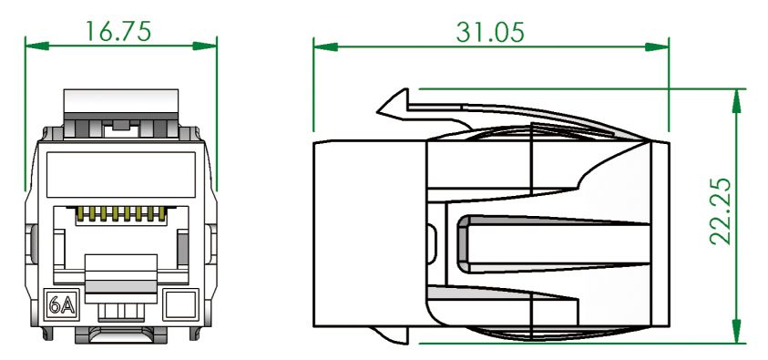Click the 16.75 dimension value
point(119,29)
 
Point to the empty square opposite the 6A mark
point(183,303)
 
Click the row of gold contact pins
point(120,216)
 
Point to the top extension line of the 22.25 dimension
point(583,88)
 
